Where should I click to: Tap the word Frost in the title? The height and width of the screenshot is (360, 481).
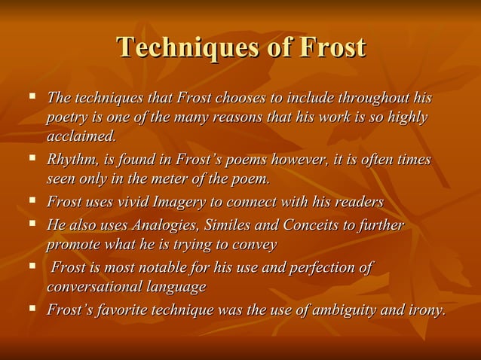click(x=332, y=47)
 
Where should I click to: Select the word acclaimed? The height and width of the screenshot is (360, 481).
click(x=81, y=136)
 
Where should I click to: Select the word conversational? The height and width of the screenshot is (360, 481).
click(x=97, y=288)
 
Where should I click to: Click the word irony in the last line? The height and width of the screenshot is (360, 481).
click(x=426, y=310)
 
